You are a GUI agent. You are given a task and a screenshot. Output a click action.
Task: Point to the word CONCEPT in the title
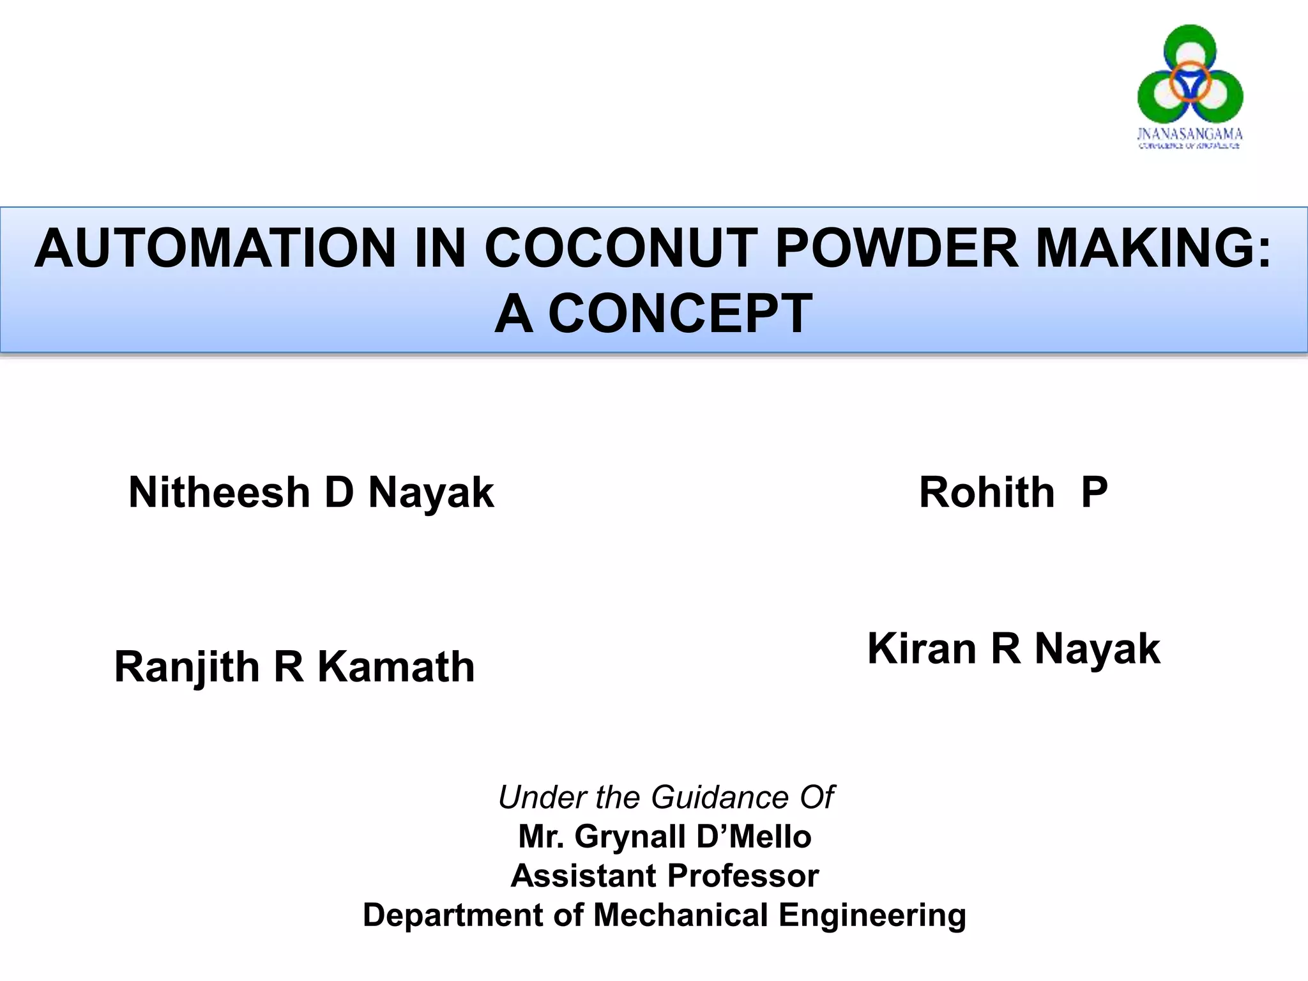tap(680, 314)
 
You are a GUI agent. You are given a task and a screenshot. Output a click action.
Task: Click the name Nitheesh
tap(219, 492)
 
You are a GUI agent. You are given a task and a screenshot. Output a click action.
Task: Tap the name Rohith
tap(987, 492)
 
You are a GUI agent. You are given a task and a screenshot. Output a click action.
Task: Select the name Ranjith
tap(186, 667)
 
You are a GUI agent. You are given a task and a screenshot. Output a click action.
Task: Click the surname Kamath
tap(396, 667)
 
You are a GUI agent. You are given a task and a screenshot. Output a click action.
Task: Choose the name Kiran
tap(922, 649)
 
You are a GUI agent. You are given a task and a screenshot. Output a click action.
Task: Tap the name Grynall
tap(630, 837)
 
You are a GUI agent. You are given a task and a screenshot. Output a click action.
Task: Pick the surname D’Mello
tap(754, 837)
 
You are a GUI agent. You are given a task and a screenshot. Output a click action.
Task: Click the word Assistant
tap(582, 876)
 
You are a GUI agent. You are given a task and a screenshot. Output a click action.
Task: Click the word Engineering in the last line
tap(872, 916)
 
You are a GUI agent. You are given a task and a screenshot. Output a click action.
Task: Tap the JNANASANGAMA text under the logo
tap(1189, 134)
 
